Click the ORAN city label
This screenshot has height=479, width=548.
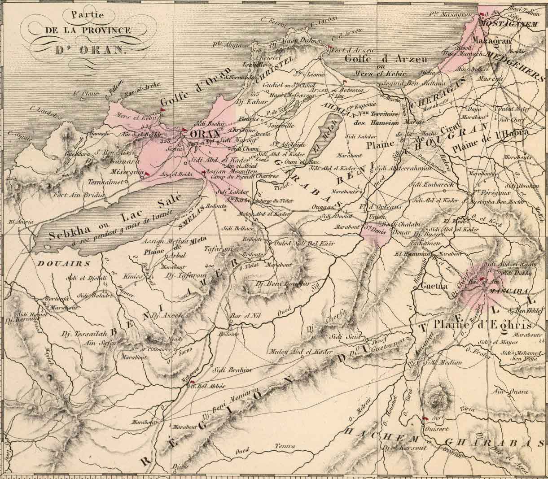206,134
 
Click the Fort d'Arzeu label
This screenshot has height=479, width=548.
349,50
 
